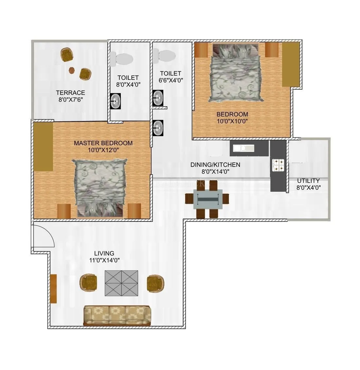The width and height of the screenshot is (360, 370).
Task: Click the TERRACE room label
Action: tap(70, 93)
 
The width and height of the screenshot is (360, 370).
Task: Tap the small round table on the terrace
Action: tap(71, 70)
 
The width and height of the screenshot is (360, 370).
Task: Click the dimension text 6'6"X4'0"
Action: tap(171, 80)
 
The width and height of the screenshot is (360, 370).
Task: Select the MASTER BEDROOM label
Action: tap(103, 143)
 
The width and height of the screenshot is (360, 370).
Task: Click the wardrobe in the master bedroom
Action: tap(43, 147)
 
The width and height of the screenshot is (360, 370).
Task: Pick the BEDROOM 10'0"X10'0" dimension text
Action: tap(232, 121)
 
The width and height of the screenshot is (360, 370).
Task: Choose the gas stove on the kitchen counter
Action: tap(279, 165)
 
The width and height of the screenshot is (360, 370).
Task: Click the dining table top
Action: tap(207, 199)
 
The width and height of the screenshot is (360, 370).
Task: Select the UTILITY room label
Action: tap(308, 181)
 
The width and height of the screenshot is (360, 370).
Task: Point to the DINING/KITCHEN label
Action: tap(215, 165)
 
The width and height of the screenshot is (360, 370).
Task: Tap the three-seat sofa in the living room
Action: tap(117, 315)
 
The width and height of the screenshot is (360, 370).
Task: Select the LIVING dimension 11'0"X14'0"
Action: tap(104, 260)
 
